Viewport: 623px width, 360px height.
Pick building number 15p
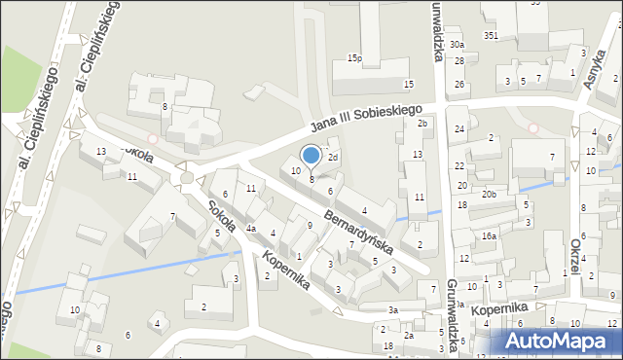click(354, 59)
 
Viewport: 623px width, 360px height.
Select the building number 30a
click(457, 45)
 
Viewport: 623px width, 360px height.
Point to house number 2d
click(332, 157)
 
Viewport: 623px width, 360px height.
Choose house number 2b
click(421, 124)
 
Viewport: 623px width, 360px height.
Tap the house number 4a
click(250, 229)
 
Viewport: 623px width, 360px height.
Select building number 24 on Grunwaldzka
click(458, 128)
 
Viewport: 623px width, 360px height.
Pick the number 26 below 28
click(458, 85)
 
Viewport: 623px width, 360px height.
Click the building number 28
click(458, 60)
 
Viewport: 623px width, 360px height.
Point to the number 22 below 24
click(459, 165)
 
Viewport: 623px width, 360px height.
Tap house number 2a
click(409, 336)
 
